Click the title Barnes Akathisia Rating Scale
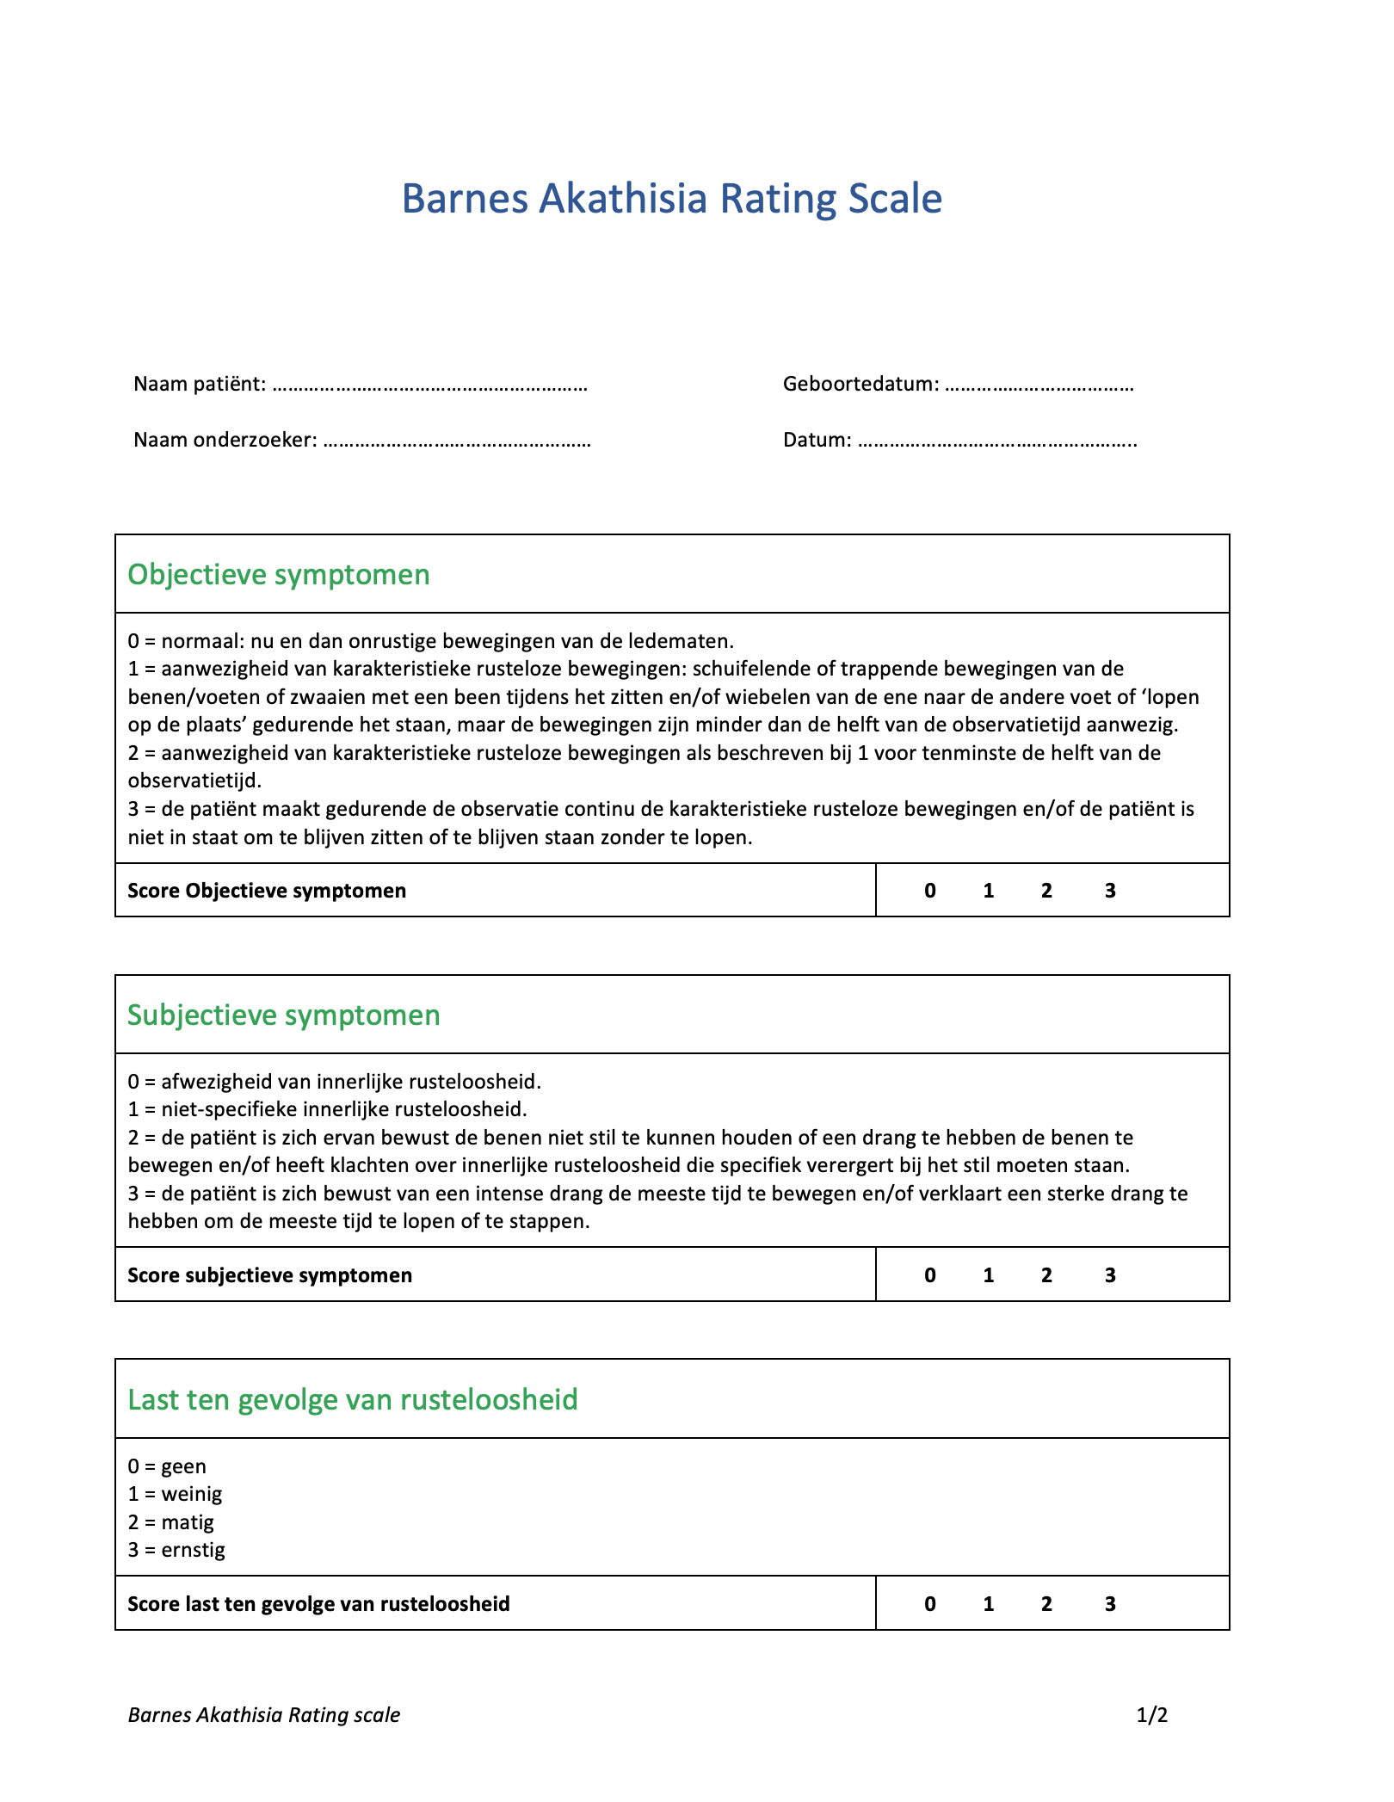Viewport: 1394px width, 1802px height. (671, 199)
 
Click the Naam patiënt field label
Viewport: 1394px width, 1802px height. (199, 384)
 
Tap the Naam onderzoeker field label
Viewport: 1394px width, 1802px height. (225, 440)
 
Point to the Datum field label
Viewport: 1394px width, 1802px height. (817, 440)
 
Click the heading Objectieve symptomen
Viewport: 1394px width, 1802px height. (279, 574)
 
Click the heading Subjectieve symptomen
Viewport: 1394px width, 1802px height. (284, 1015)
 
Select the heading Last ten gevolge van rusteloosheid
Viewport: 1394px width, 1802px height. (353, 1399)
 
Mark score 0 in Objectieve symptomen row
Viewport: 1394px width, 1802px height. (930, 891)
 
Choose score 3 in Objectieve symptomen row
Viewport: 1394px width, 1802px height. (1110, 891)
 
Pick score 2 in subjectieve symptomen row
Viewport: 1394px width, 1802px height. (1046, 1275)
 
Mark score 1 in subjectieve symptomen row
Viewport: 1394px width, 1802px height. (989, 1275)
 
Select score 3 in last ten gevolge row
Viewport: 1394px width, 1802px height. (1110, 1604)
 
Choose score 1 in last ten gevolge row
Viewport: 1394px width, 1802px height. (989, 1604)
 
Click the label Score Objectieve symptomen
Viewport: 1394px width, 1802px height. (267, 891)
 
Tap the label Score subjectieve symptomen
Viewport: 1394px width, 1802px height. (270, 1275)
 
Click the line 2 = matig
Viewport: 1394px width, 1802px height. (171, 1522)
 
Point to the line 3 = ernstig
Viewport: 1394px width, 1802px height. (176, 1551)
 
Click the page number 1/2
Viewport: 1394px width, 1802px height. (1152, 1715)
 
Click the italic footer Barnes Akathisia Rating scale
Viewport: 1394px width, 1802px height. (264, 1715)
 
